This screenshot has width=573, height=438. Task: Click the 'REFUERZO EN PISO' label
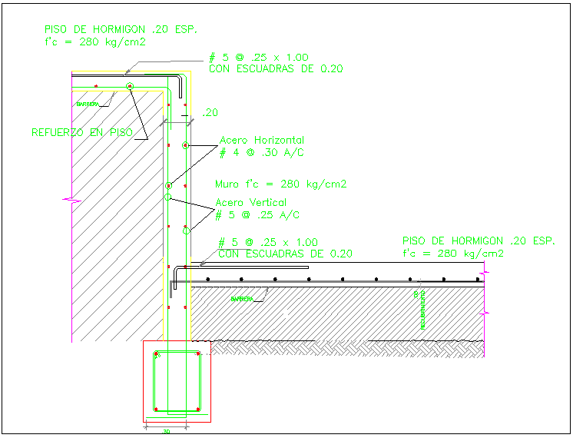coord(82,132)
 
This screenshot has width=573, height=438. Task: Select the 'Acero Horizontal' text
coord(261,141)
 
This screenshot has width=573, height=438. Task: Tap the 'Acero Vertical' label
coord(251,202)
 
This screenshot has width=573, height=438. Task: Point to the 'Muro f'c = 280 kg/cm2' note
coord(281,184)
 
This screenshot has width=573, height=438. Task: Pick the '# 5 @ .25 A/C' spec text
coord(257,214)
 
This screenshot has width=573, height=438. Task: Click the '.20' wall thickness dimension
coord(209,113)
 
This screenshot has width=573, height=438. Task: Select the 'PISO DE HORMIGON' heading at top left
coord(121,29)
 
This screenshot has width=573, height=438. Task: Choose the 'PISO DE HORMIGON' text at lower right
coord(478,241)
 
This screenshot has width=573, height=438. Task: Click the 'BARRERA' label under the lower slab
coord(242,298)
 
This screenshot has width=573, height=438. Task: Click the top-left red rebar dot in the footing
coord(157,354)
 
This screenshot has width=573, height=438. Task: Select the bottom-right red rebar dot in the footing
coord(198,408)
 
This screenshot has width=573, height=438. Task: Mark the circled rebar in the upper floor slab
coord(130,85)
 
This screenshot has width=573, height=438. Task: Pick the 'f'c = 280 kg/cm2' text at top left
coord(96,42)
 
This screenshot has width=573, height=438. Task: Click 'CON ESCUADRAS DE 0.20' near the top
coord(276,68)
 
